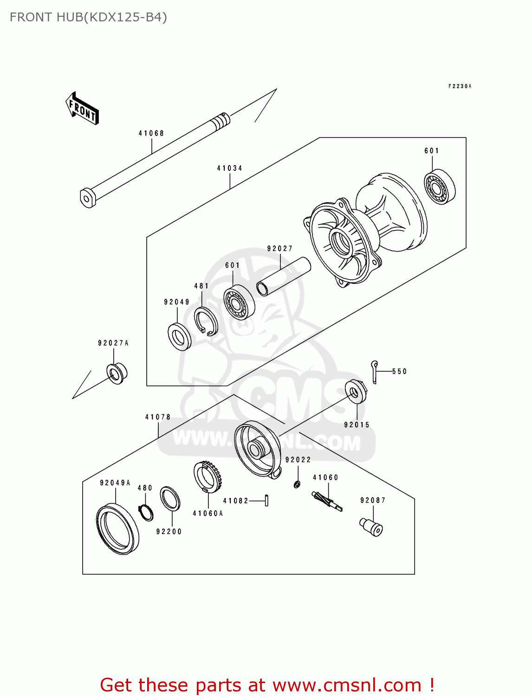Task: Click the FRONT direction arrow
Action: coord(82,108)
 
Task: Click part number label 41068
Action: coord(151,133)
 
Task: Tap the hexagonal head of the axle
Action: coord(87,198)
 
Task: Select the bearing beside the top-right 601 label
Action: coord(440,187)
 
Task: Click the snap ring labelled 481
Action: coord(206,321)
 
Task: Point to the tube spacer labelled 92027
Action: coord(283,276)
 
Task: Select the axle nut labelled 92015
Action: coord(356,392)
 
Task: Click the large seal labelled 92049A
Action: coord(117,529)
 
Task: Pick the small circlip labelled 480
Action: coord(146,512)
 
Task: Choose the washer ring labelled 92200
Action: coord(170,499)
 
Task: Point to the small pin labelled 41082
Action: coord(266,500)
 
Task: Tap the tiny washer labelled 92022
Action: coord(297,484)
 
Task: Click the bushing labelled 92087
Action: coord(371,527)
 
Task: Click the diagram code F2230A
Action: coord(460,86)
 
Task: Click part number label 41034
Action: coord(229,168)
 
